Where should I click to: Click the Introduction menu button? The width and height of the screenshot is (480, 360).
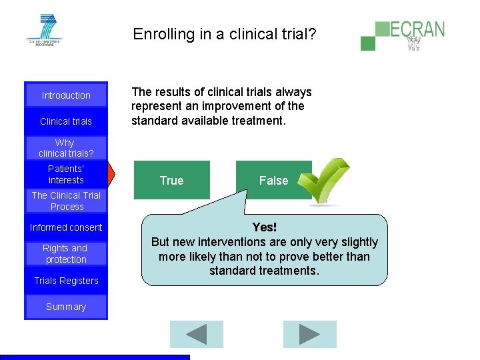pyautogui.click(x=66, y=95)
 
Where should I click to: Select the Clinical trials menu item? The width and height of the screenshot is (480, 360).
pyautogui.click(x=66, y=121)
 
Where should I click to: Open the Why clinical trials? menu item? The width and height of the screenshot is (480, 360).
pyautogui.click(x=66, y=148)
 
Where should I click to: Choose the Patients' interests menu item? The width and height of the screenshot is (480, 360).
pyautogui.click(x=66, y=175)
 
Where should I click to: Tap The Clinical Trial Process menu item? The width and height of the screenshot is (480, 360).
pyautogui.click(x=66, y=201)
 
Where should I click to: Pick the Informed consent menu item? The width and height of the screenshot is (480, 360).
pyautogui.click(x=66, y=227)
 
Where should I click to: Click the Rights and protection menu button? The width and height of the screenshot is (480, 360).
pyautogui.click(x=66, y=254)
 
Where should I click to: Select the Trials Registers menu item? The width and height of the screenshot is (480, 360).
pyautogui.click(x=66, y=281)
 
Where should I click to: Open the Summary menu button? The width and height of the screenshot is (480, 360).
pyautogui.click(x=66, y=307)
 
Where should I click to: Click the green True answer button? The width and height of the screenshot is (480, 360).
pyautogui.click(x=171, y=180)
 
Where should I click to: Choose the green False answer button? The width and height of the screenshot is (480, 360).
pyautogui.click(x=273, y=180)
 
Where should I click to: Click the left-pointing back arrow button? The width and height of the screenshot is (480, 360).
pyautogui.click(x=196, y=334)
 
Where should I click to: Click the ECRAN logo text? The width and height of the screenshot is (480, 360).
pyautogui.click(x=417, y=29)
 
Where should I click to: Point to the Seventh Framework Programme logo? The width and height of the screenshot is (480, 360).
pyautogui.click(x=45, y=29)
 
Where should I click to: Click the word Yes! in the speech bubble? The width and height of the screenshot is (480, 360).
pyautogui.click(x=265, y=228)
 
